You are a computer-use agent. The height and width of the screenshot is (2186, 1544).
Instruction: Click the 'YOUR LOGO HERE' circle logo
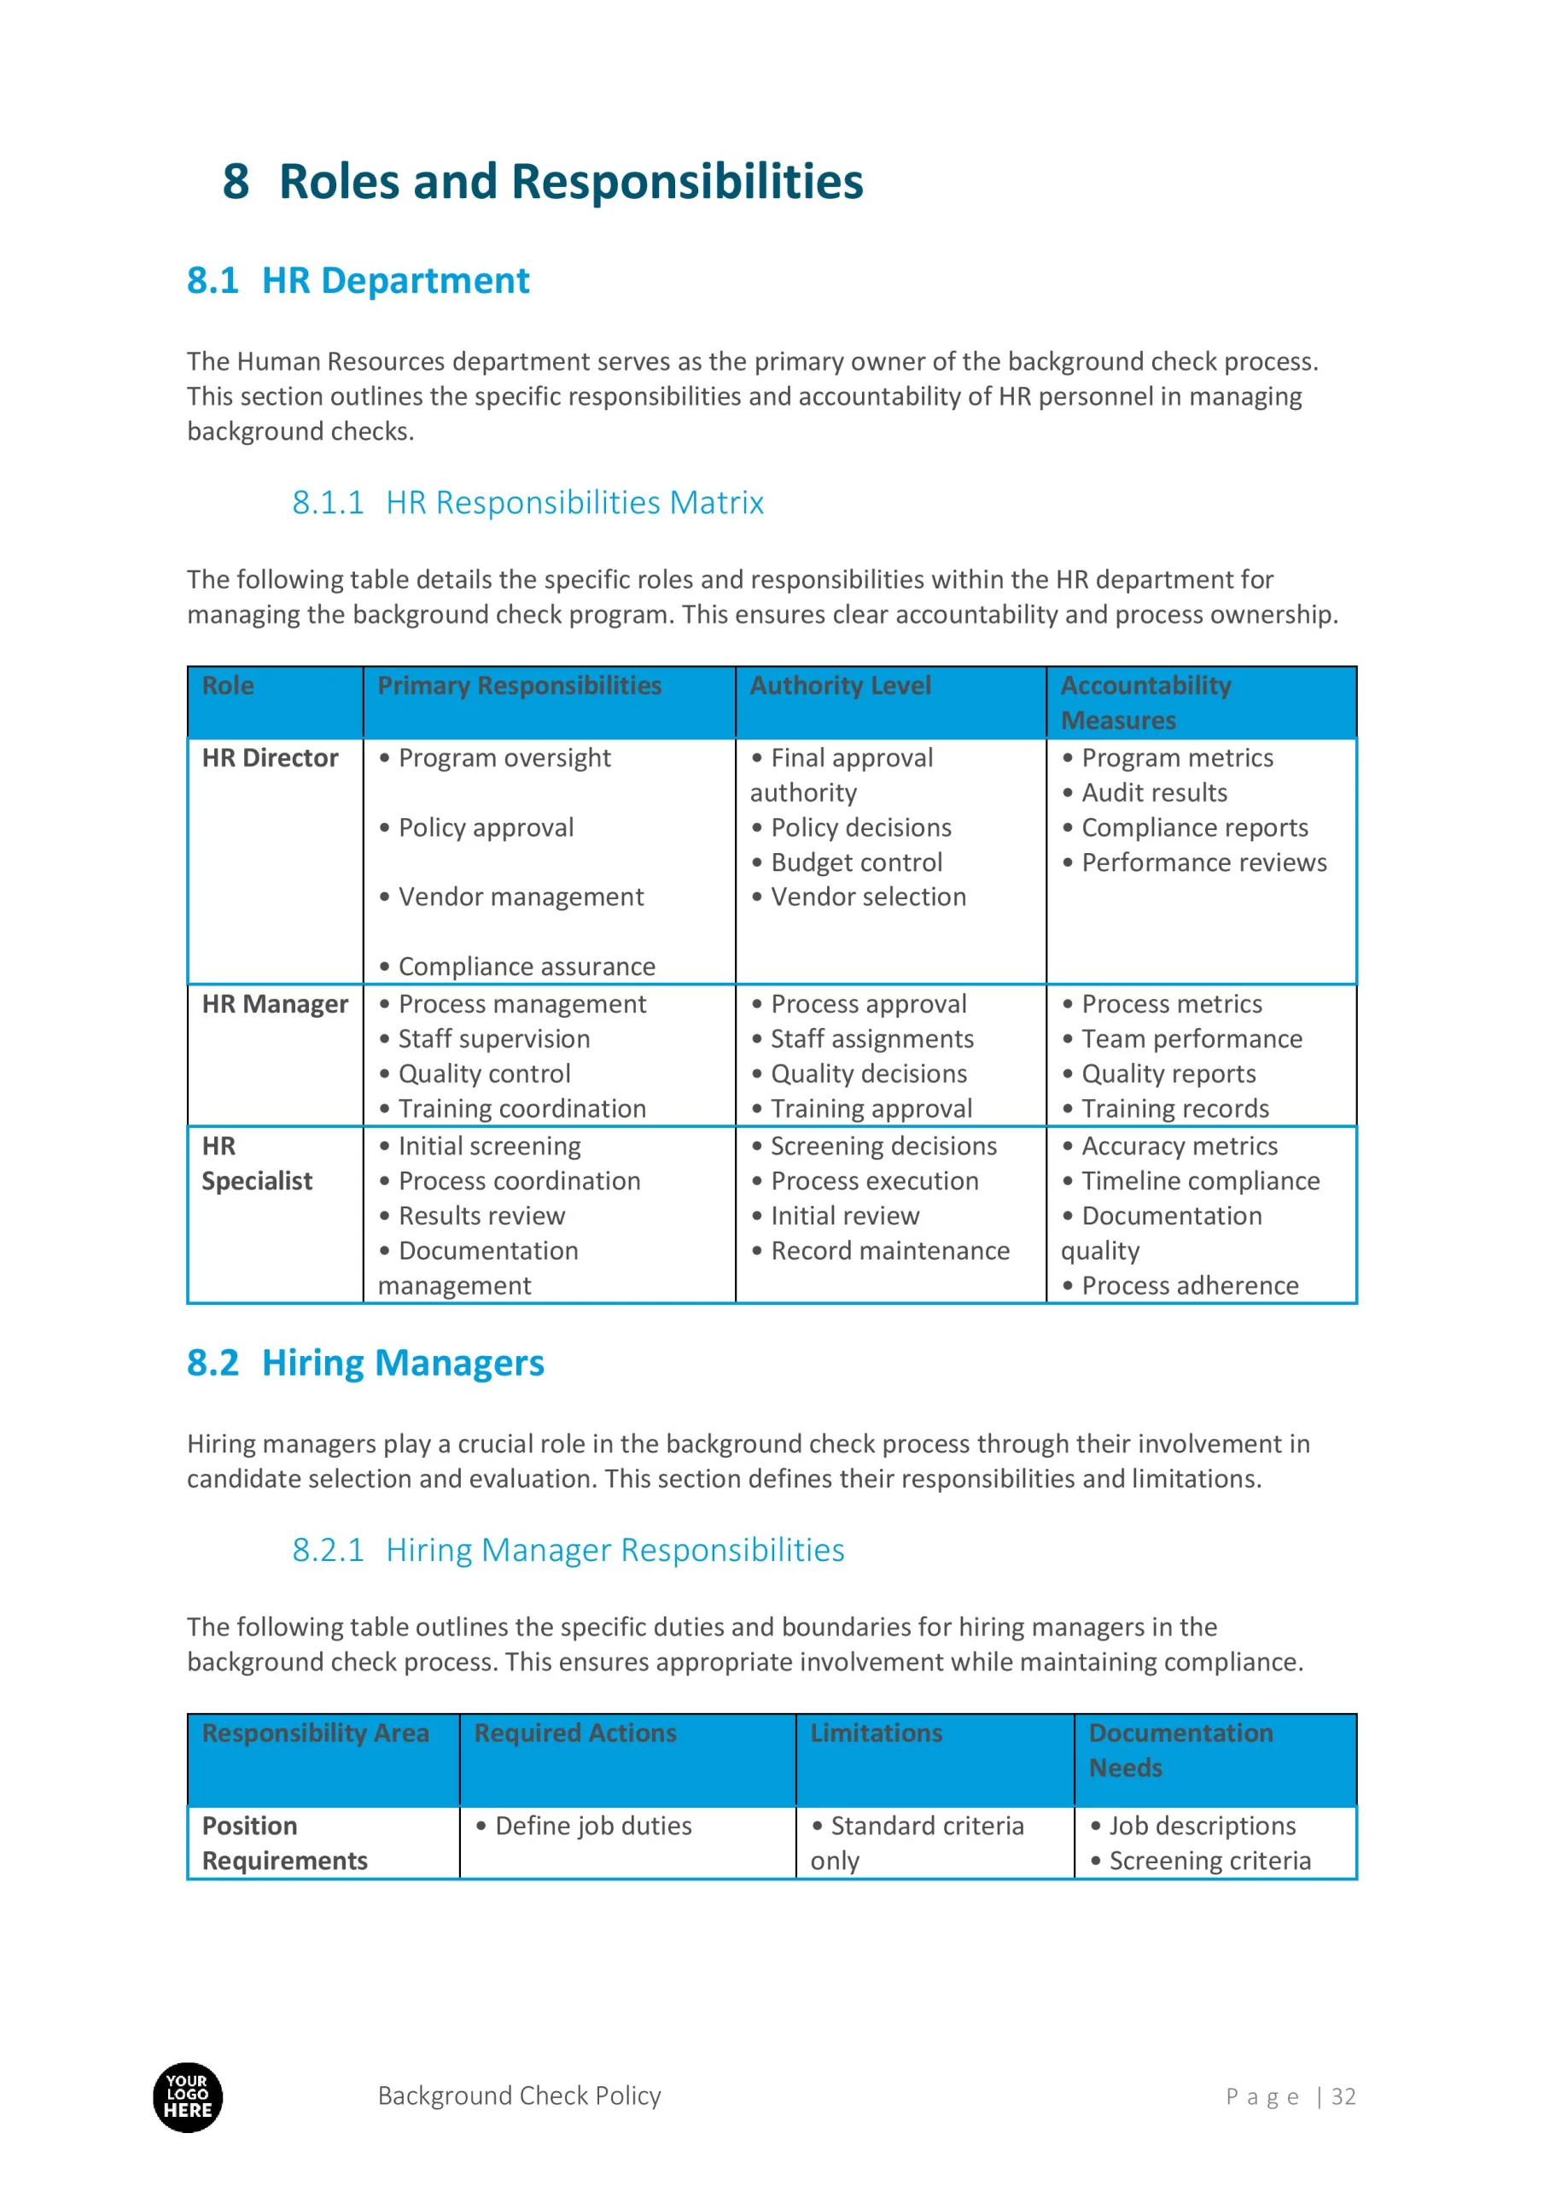(188, 2096)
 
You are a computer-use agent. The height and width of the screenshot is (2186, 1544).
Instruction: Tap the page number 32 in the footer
(1343, 2096)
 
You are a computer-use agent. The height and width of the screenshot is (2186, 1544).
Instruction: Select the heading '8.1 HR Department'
(358, 281)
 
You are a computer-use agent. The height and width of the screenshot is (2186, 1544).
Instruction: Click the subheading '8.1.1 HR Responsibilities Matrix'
(527, 503)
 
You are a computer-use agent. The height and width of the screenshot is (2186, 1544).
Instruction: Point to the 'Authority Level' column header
(840, 686)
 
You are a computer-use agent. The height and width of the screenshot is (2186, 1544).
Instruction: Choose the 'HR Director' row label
(270, 758)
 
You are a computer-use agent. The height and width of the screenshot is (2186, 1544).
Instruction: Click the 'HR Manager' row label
(275, 1003)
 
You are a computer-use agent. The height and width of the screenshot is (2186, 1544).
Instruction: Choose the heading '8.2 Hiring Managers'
(365, 1364)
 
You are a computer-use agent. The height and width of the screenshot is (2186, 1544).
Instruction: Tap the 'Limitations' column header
(876, 1733)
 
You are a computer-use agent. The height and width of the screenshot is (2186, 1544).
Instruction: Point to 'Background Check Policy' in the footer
(519, 2095)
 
